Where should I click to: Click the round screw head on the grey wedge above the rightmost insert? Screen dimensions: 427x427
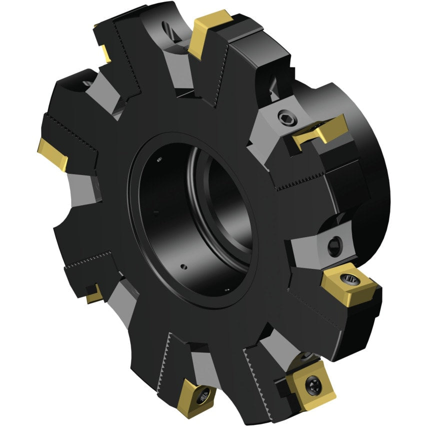click(334, 245)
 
